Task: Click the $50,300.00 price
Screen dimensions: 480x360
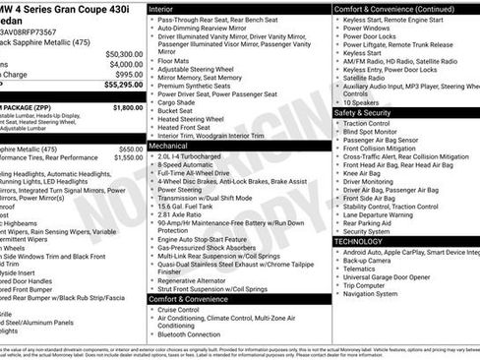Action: point(123,54)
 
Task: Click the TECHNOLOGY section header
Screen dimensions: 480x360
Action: point(360,241)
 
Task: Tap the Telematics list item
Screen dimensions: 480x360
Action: point(362,268)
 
